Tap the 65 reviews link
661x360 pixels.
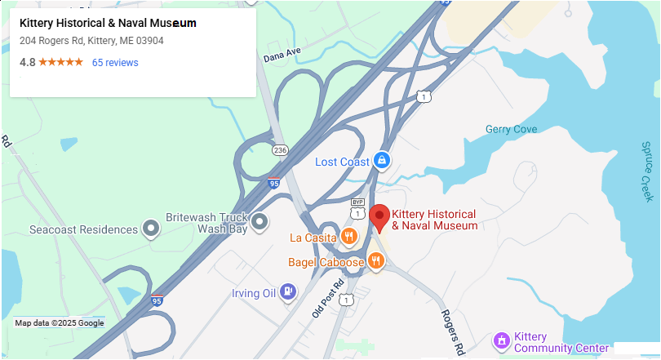coord(115,63)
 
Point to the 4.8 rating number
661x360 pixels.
coord(27,63)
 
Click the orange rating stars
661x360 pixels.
coord(60,63)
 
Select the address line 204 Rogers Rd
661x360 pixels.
coord(91,41)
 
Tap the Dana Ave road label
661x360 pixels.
coord(282,56)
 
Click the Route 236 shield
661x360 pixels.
coord(281,150)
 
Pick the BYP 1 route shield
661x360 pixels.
coord(357,208)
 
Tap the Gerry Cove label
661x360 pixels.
coord(511,129)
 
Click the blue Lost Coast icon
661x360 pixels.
coord(381,161)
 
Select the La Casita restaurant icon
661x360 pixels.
coord(348,238)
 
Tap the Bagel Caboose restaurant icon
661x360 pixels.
coord(375,261)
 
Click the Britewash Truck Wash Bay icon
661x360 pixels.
coord(260,221)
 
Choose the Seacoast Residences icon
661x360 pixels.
coord(150,229)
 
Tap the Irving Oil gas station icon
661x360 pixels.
coord(287,291)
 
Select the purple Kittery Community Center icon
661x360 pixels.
coord(502,340)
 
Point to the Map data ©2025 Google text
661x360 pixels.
coord(60,323)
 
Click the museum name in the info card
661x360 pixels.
coord(108,23)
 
